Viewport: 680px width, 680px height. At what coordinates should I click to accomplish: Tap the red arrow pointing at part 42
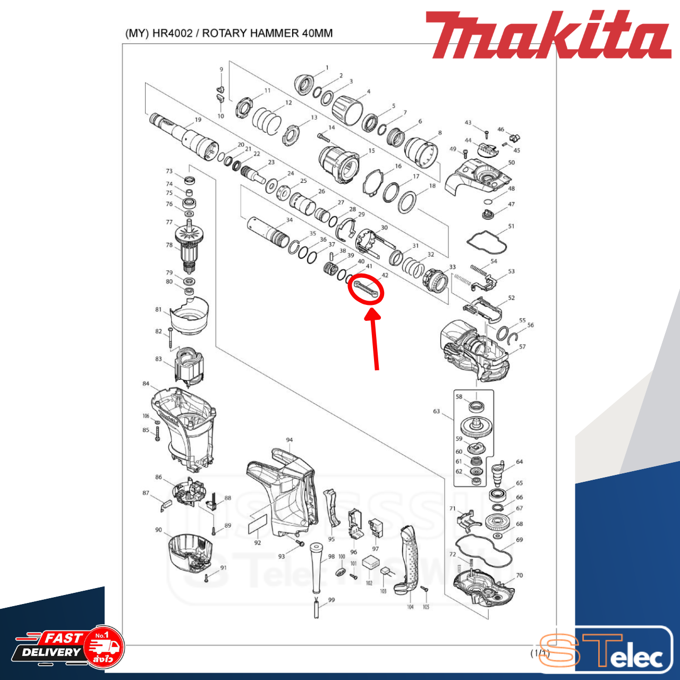pos(374,340)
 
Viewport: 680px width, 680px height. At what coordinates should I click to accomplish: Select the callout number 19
pos(198,120)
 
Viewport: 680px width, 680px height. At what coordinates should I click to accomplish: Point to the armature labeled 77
pos(189,234)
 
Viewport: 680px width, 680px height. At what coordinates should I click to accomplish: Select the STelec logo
pos(606,650)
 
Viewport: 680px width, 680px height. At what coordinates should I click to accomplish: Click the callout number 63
pos(436,411)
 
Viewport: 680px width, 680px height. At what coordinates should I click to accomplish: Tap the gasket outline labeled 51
pos(487,241)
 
